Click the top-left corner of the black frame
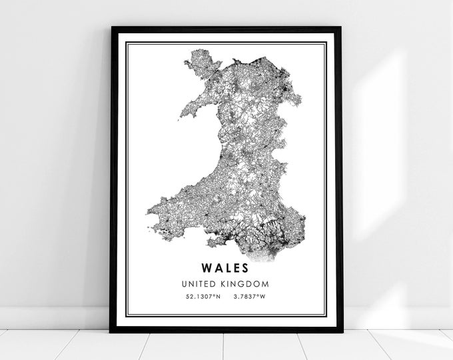(x=112, y=29)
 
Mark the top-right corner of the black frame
(x=340, y=29)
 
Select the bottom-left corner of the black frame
(x=111, y=331)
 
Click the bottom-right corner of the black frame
(x=341, y=331)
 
